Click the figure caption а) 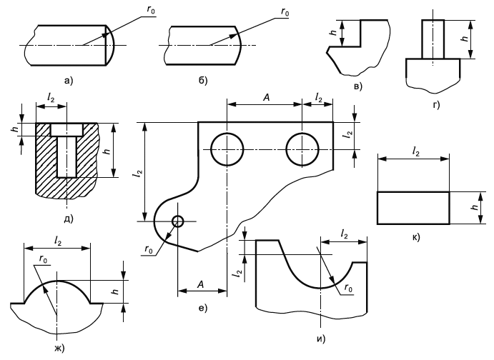coord(69,81)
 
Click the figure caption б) coord(203,81)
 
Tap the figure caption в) coord(358,86)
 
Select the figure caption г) coord(436,105)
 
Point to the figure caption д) coord(69,219)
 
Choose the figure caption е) coord(203,308)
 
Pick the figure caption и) coord(321,339)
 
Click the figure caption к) coord(416,237)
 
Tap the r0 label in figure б coord(285,12)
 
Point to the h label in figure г coord(464,39)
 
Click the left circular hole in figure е coord(227,149)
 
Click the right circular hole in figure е coord(302,149)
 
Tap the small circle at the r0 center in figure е coord(178,221)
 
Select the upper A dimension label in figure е coord(266,98)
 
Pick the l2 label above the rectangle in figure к coord(416,152)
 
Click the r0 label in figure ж coord(43,259)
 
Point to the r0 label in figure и coord(348,289)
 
